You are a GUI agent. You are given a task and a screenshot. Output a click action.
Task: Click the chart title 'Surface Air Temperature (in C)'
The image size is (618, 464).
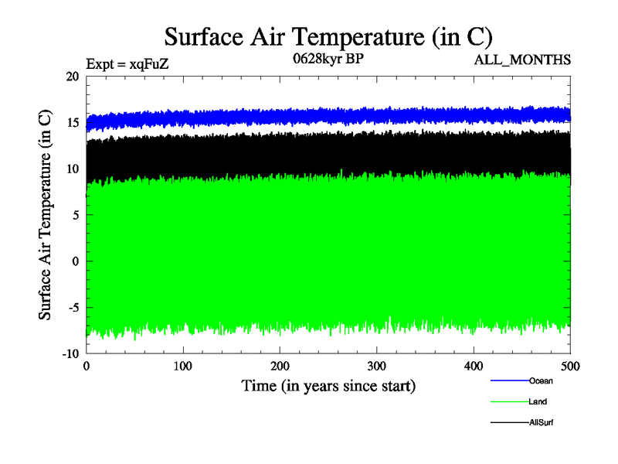click(328, 37)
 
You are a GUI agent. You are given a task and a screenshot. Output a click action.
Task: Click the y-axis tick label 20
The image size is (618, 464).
click(73, 77)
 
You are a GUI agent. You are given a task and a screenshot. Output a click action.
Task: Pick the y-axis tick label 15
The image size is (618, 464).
click(73, 123)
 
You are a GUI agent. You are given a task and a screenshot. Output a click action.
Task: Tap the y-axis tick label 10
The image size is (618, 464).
click(73, 169)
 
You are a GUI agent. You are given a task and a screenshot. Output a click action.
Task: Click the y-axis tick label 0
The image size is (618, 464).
click(76, 261)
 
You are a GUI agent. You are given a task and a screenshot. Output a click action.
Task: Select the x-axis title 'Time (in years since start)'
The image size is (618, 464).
click(328, 385)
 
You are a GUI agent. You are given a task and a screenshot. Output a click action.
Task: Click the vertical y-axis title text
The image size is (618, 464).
click(46, 215)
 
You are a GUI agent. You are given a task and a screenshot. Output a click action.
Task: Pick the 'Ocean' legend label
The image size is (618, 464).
click(541, 380)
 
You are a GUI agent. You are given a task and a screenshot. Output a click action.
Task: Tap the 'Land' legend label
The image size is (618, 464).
click(538, 401)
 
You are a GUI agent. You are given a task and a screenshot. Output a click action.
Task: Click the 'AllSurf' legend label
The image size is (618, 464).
click(542, 422)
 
